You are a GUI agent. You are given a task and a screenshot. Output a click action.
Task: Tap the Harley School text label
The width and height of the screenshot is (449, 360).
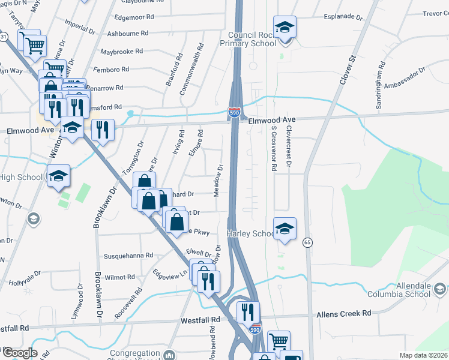tap(250, 233)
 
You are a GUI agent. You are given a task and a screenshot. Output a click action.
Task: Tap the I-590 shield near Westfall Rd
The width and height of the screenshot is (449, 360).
tap(255, 329)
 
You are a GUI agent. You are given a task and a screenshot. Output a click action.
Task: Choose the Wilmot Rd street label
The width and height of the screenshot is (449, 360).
tap(119, 277)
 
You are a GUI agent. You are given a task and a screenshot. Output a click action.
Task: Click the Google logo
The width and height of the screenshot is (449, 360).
tap(19, 353)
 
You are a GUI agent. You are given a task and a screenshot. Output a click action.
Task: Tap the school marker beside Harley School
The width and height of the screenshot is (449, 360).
tap(285, 228)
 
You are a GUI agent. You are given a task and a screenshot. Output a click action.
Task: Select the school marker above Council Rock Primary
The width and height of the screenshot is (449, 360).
tap(285, 27)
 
